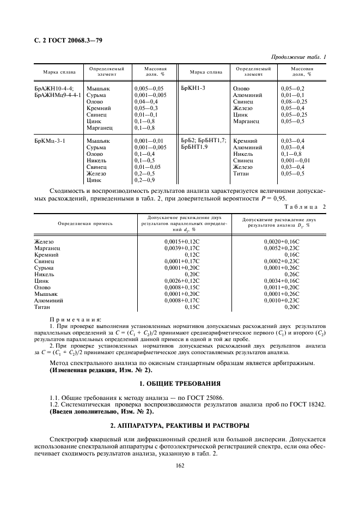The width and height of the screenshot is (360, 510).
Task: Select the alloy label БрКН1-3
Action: (192, 88)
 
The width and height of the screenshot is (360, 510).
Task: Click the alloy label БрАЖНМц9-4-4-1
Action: (57, 94)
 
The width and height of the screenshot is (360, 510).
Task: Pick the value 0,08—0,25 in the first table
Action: (294, 101)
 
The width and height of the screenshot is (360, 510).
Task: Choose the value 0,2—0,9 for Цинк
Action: (144, 180)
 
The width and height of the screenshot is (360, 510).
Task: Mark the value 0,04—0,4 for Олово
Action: (146, 101)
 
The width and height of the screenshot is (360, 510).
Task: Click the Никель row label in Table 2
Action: (44, 274)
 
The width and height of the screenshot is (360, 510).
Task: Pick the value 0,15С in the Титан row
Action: (192, 307)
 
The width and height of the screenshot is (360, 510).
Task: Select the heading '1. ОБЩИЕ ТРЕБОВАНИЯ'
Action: (180, 384)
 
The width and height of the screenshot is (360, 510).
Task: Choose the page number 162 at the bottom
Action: (180, 465)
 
